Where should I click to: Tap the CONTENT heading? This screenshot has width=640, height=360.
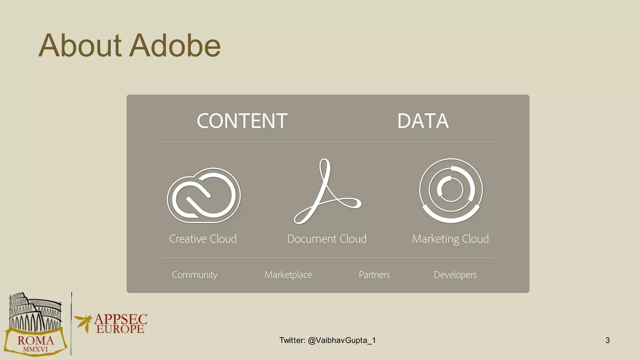(242, 121)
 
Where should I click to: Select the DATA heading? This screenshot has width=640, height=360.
(423, 121)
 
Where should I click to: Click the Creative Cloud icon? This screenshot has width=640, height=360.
(204, 195)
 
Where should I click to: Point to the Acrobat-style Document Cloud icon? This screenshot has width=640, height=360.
(327, 191)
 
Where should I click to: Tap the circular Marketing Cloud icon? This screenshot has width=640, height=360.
(451, 190)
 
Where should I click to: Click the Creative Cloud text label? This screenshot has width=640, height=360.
(203, 239)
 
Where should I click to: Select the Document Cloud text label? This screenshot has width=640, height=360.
(327, 239)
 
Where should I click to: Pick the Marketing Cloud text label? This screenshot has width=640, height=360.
(450, 239)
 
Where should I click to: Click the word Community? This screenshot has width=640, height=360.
(194, 275)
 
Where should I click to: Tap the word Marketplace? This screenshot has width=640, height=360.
(288, 275)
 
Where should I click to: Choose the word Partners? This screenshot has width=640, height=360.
(374, 275)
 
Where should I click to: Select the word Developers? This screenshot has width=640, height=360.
(455, 275)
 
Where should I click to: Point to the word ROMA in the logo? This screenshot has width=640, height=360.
(36, 340)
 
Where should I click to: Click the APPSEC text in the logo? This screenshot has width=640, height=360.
(121, 319)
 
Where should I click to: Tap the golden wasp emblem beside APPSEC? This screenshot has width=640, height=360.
(84, 322)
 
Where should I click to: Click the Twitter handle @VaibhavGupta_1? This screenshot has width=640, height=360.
(342, 340)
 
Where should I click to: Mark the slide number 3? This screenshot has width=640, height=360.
(607, 340)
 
